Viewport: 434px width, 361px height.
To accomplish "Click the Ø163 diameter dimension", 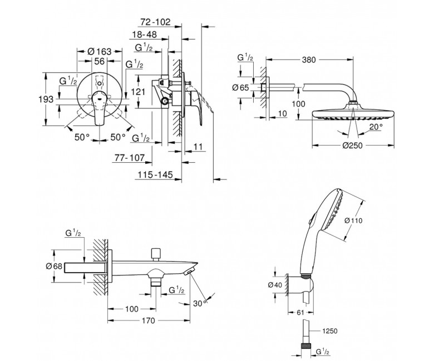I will [x=100, y=51].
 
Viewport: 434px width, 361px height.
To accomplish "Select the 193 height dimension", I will [x=47, y=99].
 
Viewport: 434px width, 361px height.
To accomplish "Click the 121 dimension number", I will [x=139, y=91].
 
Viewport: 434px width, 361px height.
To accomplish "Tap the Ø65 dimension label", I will [x=244, y=87].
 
